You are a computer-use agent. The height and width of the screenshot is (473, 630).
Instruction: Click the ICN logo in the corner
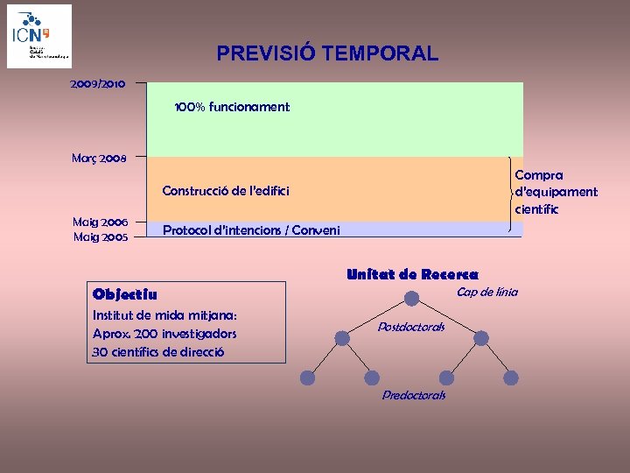click(39, 36)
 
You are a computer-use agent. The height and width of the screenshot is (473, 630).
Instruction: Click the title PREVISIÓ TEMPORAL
click(327, 53)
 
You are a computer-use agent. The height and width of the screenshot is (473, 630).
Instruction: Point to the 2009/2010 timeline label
click(98, 84)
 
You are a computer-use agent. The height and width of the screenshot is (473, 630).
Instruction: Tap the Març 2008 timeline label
click(99, 159)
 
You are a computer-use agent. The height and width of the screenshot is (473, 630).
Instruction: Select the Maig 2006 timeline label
click(101, 222)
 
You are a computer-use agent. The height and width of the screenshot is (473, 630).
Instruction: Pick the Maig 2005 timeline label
click(101, 236)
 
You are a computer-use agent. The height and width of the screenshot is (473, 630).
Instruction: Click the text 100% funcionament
click(232, 107)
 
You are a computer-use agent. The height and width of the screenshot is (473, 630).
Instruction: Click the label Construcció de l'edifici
click(226, 191)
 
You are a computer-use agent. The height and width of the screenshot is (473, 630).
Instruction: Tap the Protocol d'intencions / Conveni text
click(251, 230)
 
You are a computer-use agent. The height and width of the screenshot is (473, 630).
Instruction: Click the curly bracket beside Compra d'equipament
click(511, 194)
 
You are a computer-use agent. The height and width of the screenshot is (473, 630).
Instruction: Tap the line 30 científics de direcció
click(157, 352)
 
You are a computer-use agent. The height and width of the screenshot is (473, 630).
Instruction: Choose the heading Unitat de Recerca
click(412, 274)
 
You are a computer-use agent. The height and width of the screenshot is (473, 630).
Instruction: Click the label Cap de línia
click(487, 292)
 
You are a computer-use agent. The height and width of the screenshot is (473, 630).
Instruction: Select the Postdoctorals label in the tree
click(411, 327)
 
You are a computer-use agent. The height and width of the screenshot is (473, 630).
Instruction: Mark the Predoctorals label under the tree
click(414, 395)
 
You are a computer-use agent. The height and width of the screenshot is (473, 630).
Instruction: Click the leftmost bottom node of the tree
click(307, 378)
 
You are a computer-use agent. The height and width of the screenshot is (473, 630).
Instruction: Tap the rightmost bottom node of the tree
click(511, 378)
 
